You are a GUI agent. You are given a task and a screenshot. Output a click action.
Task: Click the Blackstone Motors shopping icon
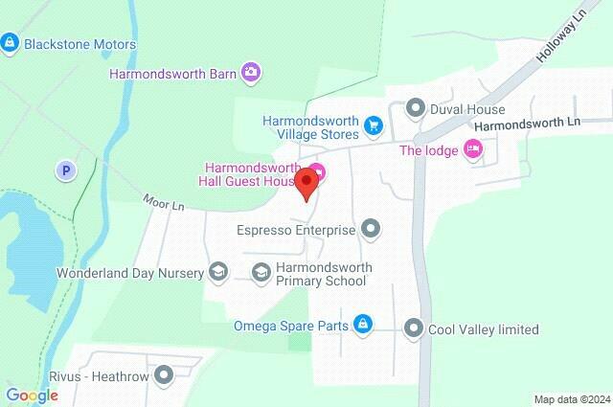point(11,43)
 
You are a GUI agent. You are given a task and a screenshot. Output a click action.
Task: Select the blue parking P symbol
point(65,170)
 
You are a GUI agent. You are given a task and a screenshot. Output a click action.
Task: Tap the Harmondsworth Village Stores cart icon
point(374,124)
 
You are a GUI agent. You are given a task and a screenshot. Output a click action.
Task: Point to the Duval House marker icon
point(415,107)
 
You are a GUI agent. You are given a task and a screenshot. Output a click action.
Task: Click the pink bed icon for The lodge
point(471,148)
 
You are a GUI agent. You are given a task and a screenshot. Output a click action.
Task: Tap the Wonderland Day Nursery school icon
point(219,273)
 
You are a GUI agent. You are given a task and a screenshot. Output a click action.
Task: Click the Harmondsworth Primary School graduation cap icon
point(261,273)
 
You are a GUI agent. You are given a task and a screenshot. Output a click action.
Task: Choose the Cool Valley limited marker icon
point(414,329)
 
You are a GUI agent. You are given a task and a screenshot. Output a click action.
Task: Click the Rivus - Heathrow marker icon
point(165,375)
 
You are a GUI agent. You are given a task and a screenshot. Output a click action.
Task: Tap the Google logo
point(32,395)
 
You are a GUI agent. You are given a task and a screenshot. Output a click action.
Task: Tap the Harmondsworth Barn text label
point(172,71)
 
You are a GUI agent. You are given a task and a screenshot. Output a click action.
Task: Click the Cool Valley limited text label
point(485,329)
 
